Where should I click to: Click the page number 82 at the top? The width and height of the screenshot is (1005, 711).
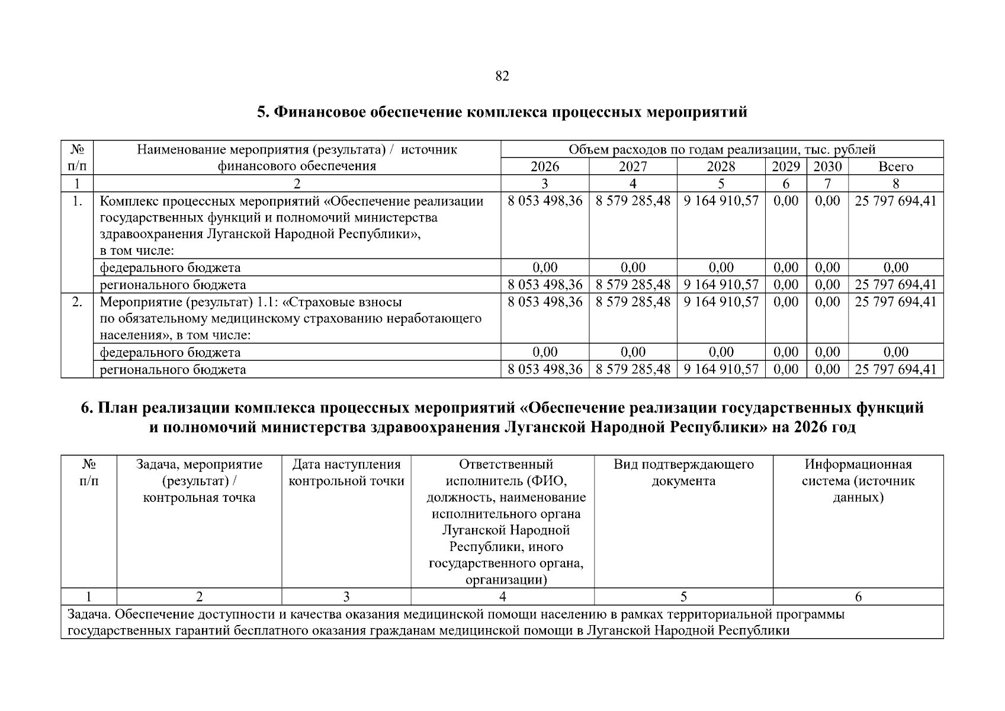click(502, 76)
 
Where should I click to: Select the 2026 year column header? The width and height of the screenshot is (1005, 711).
click(544, 166)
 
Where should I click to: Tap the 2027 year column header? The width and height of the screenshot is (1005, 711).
click(632, 166)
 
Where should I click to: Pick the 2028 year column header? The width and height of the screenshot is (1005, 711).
click(721, 166)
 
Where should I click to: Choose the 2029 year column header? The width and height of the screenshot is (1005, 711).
click(786, 166)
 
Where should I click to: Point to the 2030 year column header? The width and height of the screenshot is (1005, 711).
click(827, 166)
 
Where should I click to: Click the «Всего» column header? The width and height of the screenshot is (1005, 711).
click(895, 166)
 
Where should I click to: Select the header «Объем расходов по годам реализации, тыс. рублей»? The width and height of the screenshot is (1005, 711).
click(721, 149)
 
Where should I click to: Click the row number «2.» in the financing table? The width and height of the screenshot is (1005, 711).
click(77, 302)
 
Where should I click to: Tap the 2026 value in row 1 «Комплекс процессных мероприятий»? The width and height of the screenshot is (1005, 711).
click(545, 201)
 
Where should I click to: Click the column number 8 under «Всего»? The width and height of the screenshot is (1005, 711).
click(895, 184)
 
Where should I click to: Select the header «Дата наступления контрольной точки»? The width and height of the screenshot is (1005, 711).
click(346, 472)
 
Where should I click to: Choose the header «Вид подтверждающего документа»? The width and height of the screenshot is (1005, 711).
click(683, 472)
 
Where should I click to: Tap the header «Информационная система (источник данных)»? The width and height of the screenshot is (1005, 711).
click(858, 481)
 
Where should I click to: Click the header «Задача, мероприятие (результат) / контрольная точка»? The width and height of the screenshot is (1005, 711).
click(199, 481)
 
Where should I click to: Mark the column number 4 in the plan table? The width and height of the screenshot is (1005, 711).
click(502, 597)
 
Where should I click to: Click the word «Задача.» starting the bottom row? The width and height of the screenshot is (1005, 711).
click(88, 614)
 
